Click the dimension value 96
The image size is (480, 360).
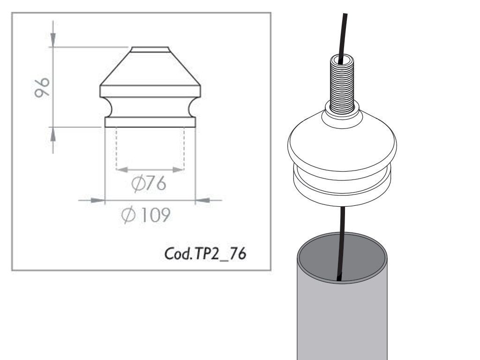point(42,88)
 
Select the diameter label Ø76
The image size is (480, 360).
point(149,183)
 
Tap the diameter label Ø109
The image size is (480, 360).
point(146,215)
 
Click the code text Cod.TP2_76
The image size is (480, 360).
point(205,254)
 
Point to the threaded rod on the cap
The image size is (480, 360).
point(342,84)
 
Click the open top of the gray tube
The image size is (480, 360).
point(342,257)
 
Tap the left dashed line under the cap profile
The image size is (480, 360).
point(116,149)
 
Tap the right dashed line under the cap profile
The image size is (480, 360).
point(184,149)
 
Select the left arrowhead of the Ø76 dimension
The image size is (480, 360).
point(122,170)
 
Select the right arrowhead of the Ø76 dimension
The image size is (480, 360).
point(178,170)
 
